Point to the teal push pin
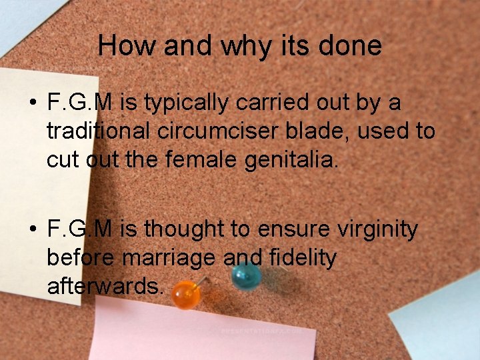tap(246, 275)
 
